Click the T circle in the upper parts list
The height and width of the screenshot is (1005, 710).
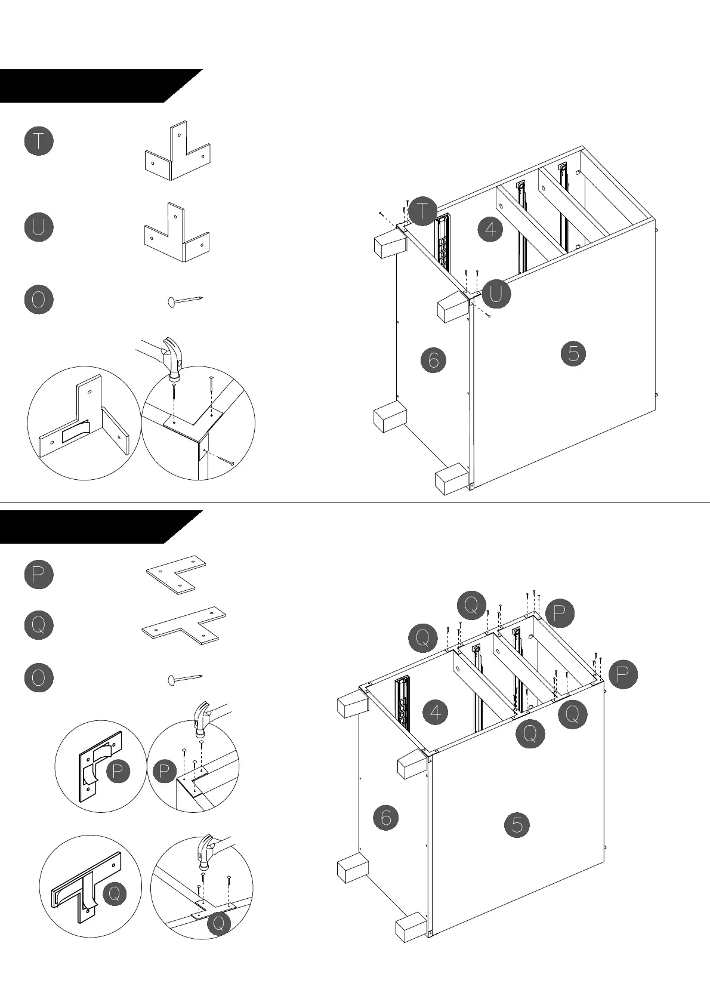(x=39, y=141)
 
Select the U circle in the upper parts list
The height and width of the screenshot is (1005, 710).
(x=39, y=227)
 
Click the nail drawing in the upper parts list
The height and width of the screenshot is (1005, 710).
(x=185, y=300)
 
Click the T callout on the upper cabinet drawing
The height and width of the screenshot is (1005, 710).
(x=423, y=211)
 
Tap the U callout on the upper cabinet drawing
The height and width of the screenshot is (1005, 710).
(x=496, y=294)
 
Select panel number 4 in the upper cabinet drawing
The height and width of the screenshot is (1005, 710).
(x=490, y=229)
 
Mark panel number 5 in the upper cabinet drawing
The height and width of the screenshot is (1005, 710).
(x=573, y=354)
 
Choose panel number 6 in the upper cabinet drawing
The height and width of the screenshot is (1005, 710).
(x=433, y=360)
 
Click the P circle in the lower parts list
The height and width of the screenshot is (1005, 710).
(x=39, y=574)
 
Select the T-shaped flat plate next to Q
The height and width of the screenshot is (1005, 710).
(x=184, y=624)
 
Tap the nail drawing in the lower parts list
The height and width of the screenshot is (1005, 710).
(x=185, y=679)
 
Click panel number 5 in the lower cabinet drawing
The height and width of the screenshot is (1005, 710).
(x=517, y=825)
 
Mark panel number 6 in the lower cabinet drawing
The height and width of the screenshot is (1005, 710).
(x=385, y=817)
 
